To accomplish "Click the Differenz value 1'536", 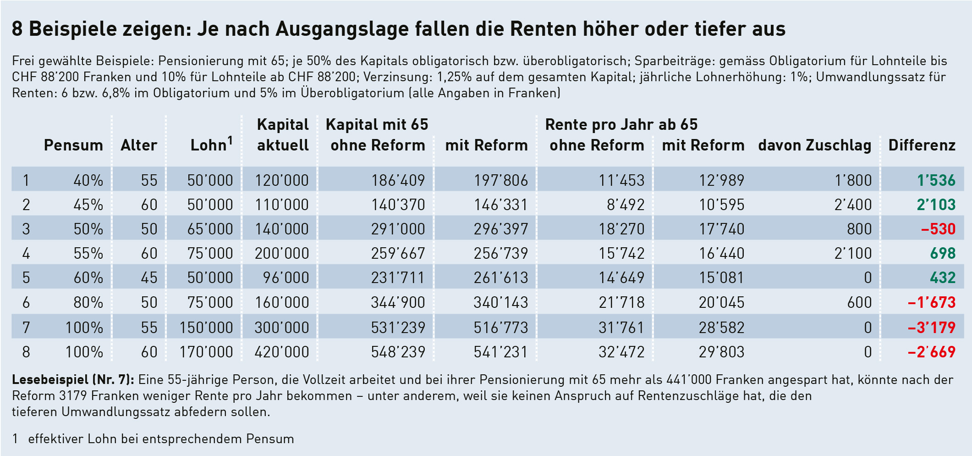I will [936, 180].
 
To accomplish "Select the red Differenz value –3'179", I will [932, 327].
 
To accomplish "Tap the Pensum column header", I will [73, 145].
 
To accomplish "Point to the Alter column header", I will [139, 145].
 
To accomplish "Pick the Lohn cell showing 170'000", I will [206, 352].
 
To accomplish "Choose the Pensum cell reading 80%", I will [88, 302].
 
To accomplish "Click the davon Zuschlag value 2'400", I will [853, 205].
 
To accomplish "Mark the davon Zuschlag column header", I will [814, 145].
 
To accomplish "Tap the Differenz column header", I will [922, 145].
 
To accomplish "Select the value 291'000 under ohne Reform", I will [398, 229].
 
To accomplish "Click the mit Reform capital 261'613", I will [500, 278].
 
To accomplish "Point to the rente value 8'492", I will [626, 205].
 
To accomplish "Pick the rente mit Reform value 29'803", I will [721, 352].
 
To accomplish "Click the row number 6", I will [26, 302].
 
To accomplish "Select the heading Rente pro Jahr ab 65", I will [621, 124].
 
